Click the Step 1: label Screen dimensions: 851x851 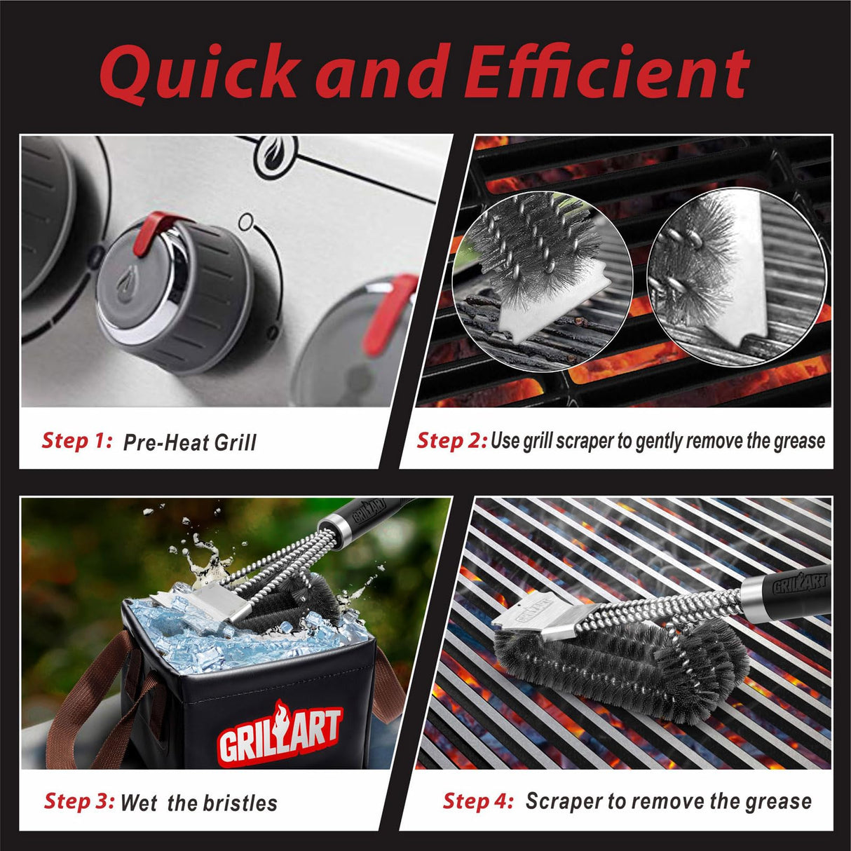(x=77, y=440)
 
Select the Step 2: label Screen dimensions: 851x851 (x=451, y=440)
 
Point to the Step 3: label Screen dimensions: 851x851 (x=79, y=801)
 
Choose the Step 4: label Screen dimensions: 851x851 (x=478, y=801)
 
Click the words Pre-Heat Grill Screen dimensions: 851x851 (x=189, y=442)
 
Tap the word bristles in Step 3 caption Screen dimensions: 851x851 (x=241, y=803)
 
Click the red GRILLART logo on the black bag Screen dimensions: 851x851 (x=280, y=733)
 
